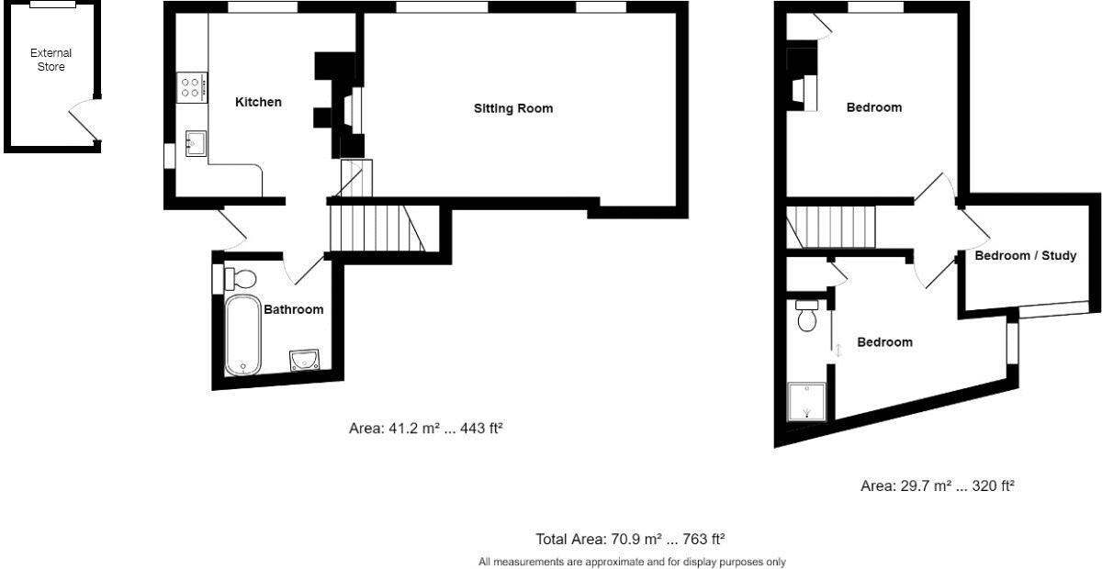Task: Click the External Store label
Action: [x=51, y=60]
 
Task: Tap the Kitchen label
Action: [x=258, y=102]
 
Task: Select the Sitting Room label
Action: [x=513, y=108]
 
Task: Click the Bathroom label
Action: [x=294, y=309]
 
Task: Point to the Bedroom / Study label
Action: [x=1025, y=255]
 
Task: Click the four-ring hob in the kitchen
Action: [x=192, y=86]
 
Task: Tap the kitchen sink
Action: [x=196, y=144]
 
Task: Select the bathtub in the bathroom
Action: [x=243, y=334]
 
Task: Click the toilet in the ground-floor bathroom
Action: [x=241, y=277]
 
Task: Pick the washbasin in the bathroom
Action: [x=304, y=359]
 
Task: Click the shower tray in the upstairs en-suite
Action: [x=807, y=400]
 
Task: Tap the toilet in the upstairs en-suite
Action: [x=807, y=316]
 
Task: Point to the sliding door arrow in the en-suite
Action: [x=838, y=349]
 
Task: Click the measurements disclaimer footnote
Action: [x=632, y=561]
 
